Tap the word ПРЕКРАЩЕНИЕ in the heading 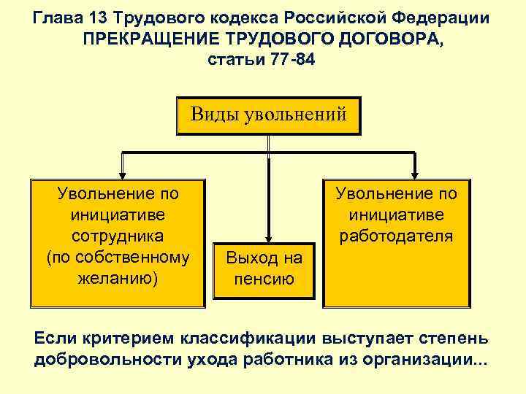point(150,38)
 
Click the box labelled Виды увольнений point(268,115)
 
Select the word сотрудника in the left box point(118,236)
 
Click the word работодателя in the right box point(396,236)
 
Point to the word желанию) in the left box point(118,279)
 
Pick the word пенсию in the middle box point(264,279)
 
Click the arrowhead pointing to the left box point(122,174)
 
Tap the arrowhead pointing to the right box point(416,174)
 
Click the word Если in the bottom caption point(55,341)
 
